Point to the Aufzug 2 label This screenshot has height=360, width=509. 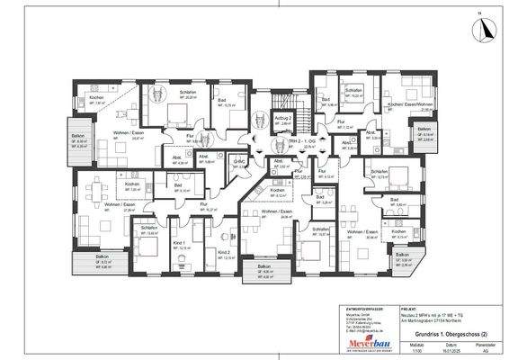[281, 117]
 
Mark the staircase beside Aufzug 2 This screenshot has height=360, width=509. [305, 117]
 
